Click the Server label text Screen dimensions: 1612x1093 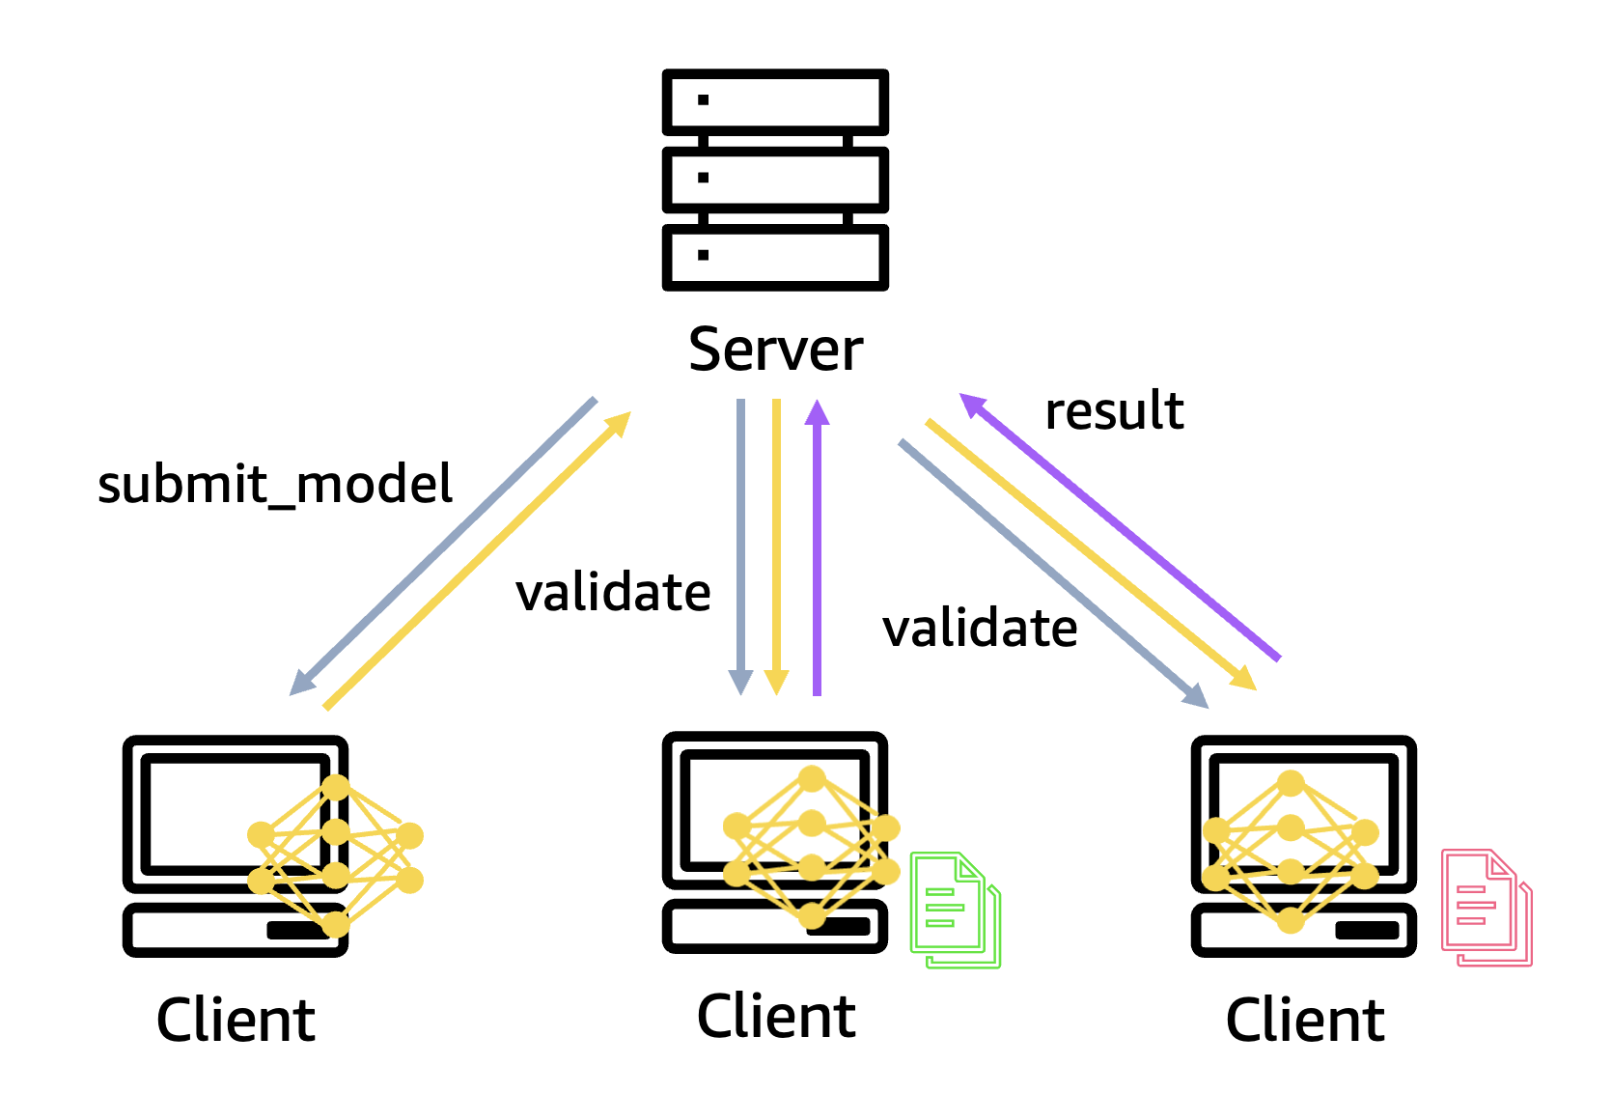click(x=775, y=350)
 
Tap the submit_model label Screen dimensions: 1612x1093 click(x=275, y=484)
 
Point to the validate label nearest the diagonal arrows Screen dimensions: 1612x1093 click(x=980, y=628)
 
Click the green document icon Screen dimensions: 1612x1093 click(x=955, y=910)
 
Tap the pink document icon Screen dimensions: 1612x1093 click(x=1487, y=908)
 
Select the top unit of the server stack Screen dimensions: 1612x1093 click(x=775, y=102)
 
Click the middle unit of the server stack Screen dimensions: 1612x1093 click(x=775, y=180)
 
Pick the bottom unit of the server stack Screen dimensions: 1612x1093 click(x=775, y=258)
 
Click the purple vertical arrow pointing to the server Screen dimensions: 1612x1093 click(x=817, y=547)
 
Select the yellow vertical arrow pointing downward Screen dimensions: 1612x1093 click(x=776, y=547)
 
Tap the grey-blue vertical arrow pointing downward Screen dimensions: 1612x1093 click(x=740, y=547)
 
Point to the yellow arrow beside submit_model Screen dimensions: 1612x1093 click(x=478, y=560)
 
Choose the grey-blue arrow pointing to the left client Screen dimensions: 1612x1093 click(x=443, y=546)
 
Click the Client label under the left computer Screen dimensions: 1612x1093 click(x=236, y=1021)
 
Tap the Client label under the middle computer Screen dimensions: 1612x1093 click(x=776, y=1016)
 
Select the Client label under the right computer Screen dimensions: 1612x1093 click(x=1305, y=1021)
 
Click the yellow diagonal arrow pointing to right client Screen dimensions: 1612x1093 click(x=1091, y=554)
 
